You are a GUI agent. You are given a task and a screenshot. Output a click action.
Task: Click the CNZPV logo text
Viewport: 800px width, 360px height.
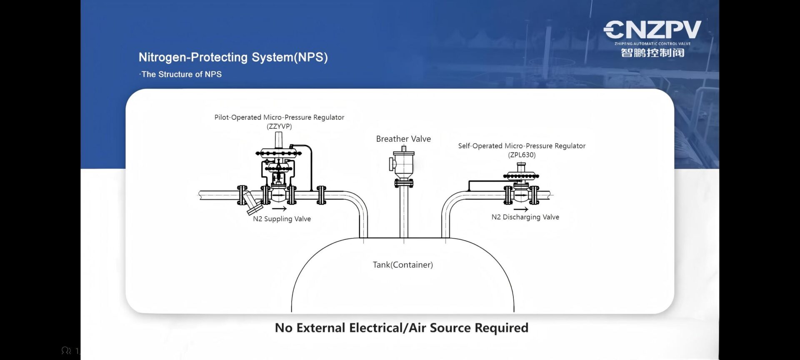click(652, 30)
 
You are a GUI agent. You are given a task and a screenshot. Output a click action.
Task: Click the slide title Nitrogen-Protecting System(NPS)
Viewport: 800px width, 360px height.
click(233, 57)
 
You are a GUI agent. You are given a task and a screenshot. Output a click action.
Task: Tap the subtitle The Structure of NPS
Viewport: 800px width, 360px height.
click(181, 74)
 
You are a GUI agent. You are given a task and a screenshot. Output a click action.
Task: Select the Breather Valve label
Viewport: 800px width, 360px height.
click(403, 139)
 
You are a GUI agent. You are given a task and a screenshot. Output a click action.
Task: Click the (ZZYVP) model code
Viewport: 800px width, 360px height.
click(279, 126)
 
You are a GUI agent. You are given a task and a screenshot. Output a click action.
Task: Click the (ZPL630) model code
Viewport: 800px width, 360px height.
click(522, 155)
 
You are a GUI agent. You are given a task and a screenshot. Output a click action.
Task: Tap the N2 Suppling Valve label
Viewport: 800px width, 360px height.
click(282, 219)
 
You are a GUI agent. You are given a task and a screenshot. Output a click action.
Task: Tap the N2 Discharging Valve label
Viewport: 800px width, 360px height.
click(525, 217)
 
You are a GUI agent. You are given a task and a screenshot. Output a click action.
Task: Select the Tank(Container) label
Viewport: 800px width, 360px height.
click(402, 265)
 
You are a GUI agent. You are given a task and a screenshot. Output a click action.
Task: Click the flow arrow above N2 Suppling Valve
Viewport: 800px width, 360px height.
click(279, 208)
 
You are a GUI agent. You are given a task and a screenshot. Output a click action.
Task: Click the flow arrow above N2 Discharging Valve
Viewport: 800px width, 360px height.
click(521, 209)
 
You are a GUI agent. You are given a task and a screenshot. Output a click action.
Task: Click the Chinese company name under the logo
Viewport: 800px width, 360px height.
click(652, 53)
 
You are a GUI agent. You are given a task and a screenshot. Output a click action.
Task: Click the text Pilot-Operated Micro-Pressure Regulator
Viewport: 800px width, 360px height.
click(279, 117)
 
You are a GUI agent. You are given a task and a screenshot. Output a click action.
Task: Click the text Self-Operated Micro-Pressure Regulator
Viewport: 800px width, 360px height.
click(522, 146)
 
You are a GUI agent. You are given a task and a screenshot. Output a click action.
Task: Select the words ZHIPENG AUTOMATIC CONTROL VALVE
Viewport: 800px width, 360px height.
click(652, 43)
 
